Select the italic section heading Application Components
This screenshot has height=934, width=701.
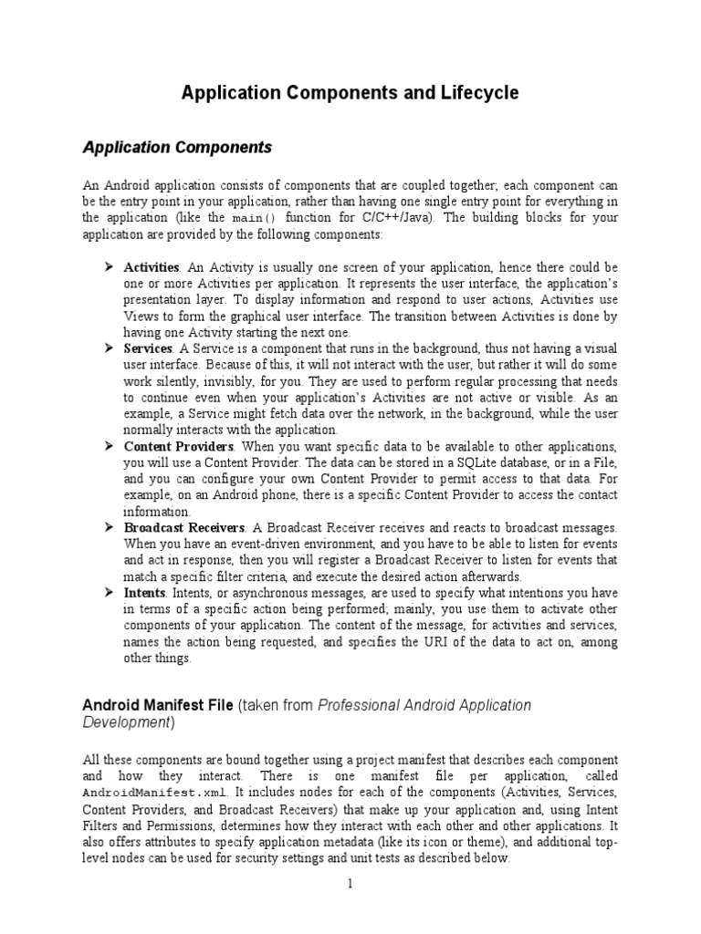[x=177, y=147]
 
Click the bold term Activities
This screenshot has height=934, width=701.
[x=152, y=267]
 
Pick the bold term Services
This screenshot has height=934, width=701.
[x=148, y=349]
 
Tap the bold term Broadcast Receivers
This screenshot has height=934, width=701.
[x=184, y=528]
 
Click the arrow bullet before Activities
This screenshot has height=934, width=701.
[x=106, y=267]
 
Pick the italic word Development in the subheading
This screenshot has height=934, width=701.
[x=126, y=722]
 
